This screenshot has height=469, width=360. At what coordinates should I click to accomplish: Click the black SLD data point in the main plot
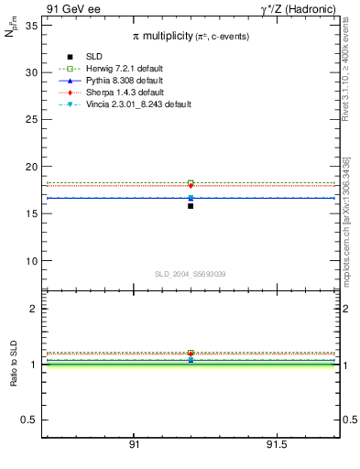[x=191, y=206]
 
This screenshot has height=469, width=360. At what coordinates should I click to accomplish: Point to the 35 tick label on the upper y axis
[x=31, y=25]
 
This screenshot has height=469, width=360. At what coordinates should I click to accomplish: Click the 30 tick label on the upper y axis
[x=31, y=72]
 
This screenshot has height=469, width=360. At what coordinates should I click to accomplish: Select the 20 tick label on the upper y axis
[x=31, y=167]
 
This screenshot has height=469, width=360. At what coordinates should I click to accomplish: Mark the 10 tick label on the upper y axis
[x=31, y=261]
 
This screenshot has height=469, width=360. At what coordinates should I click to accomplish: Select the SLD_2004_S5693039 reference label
[x=190, y=274]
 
